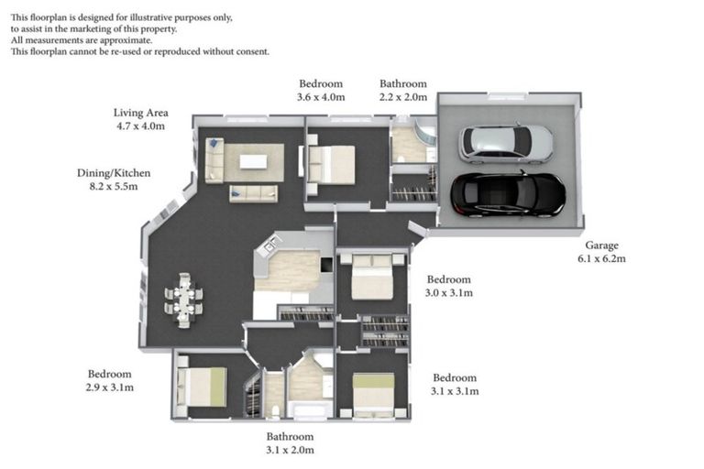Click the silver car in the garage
(x=506, y=143)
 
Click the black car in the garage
(x=507, y=193)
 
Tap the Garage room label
(x=602, y=245)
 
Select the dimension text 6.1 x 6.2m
(x=602, y=259)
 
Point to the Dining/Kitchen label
(x=114, y=172)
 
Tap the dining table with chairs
(x=183, y=300)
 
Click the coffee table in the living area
(x=253, y=162)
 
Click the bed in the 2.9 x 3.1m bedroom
(x=202, y=386)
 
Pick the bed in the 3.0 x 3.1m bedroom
(x=371, y=276)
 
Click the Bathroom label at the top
(x=403, y=83)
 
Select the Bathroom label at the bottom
(x=290, y=437)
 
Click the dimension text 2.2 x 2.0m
(x=403, y=97)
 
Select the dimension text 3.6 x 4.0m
(x=321, y=97)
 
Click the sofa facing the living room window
(x=253, y=193)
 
